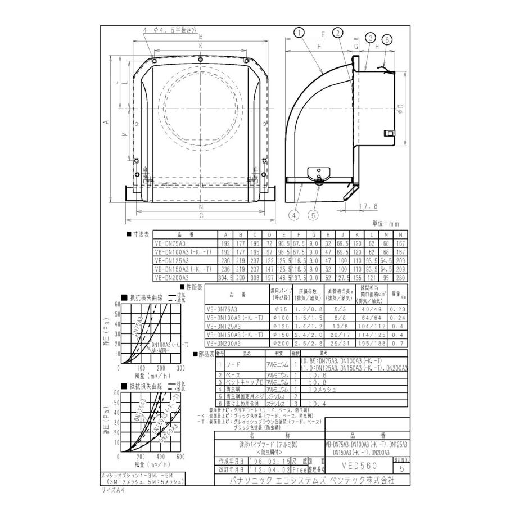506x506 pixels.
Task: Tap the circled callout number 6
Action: [387, 39]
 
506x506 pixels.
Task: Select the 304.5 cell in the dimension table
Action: [225, 278]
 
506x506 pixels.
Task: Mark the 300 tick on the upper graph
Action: [180, 368]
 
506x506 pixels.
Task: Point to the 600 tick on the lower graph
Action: [180, 457]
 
